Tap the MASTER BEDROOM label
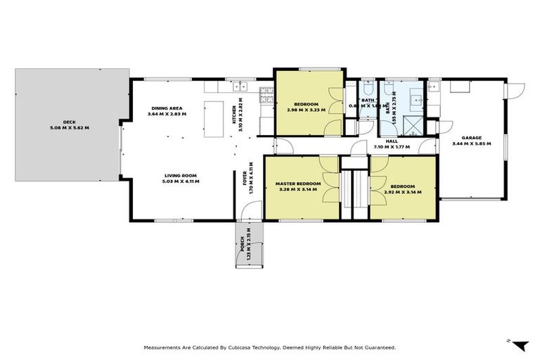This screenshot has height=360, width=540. (299, 184)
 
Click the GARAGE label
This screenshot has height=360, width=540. (471, 137)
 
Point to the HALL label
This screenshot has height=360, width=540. (392, 141)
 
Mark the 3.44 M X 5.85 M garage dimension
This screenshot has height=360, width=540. (471, 143)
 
